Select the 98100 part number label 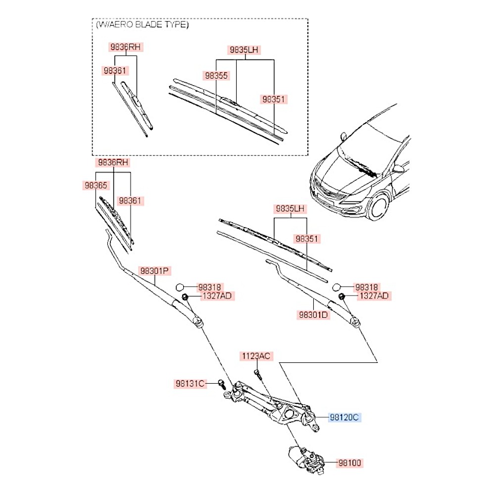(x=350, y=463)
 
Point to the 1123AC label (x=256, y=356)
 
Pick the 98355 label (x=216, y=76)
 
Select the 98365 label (x=95, y=185)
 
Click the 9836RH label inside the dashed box (x=126, y=48)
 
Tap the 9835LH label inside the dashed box (x=244, y=50)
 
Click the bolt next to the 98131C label (x=221, y=383)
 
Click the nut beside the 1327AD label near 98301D (x=341, y=296)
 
